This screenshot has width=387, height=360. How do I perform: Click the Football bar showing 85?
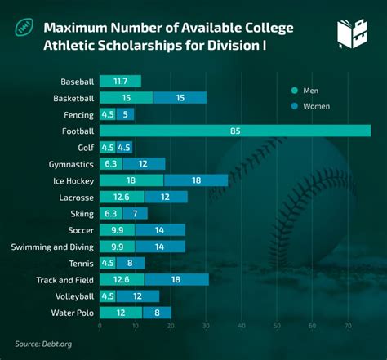click(x=235, y=131)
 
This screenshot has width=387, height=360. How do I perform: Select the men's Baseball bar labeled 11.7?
click(x=120, y=81)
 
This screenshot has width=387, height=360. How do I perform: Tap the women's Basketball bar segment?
click(x=180, y=98)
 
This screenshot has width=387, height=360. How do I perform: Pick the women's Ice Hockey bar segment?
click(x=196, y=180)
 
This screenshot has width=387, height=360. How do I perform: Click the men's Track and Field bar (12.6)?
click(x=122, y=279)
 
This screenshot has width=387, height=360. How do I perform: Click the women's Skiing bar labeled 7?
click(x=135, y=213)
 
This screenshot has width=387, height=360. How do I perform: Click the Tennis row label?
click(x=82, y=263)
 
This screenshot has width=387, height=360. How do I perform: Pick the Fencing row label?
click(x=79, y=114)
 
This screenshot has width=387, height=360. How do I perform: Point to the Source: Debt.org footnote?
click(x=44, y=344)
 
